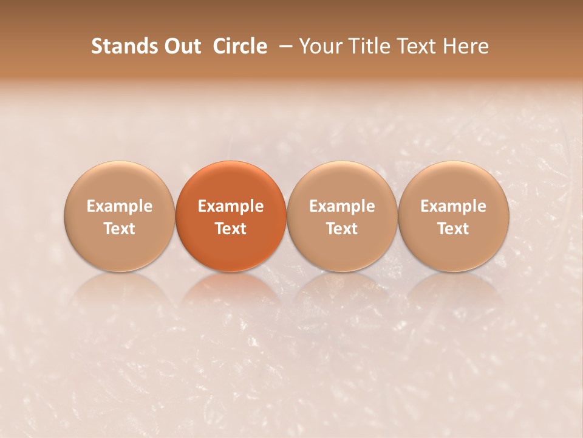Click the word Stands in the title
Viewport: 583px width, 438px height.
point(121,46)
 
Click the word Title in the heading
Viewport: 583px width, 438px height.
point(368,46)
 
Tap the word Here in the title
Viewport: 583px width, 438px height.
point(465,46)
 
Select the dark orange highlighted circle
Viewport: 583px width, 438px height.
point(231,216)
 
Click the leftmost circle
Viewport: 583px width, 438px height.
point(119,216)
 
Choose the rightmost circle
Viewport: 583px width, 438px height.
point(454,216)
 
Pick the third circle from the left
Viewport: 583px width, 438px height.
point(342,216)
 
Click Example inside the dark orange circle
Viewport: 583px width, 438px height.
point(231,206)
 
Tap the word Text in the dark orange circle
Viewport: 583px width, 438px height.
point(231,229)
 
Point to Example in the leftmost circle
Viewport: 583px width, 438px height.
point(119,206)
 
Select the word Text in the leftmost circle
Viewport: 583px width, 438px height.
point(119,229)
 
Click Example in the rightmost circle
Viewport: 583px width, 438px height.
point(454,206)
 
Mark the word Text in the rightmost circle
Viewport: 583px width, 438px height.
point(454,229)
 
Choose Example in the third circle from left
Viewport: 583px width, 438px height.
point(342,206)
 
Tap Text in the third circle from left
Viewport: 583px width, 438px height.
point(342,229)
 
